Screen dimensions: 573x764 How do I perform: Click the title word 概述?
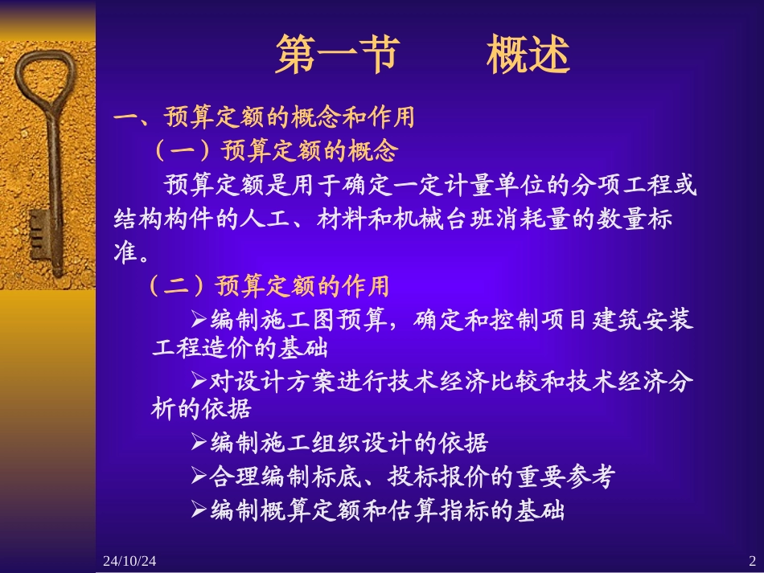point(528,55)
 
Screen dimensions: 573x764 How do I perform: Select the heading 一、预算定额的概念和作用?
point(265,119)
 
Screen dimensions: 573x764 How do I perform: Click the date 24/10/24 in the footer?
point(129,559)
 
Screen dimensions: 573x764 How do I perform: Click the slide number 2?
point(752,559)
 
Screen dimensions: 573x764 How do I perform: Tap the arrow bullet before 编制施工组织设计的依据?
point(199,442)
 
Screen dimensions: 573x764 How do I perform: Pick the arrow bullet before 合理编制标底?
point(199,477)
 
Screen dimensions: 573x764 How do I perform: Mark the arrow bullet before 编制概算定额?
point(199,510)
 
